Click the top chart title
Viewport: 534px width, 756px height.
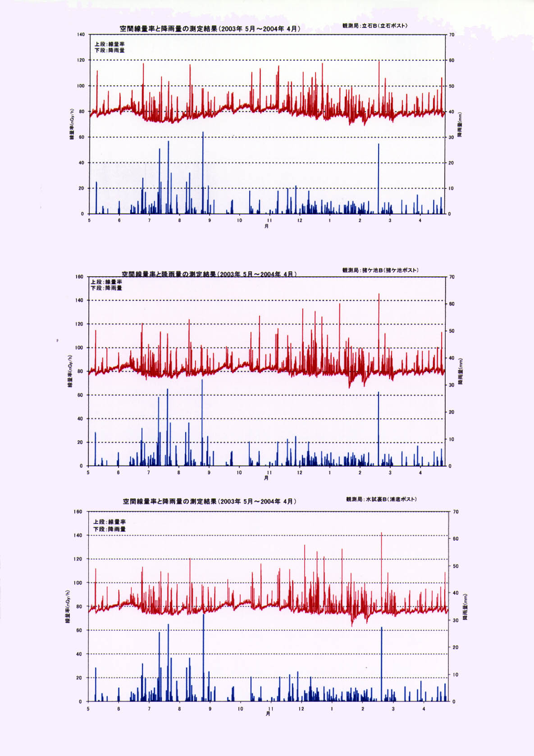210,29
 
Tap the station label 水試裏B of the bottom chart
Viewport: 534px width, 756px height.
381,499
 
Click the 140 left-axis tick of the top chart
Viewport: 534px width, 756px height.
81,35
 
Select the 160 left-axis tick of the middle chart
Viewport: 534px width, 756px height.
79,277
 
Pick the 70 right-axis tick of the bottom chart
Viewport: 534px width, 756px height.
456,512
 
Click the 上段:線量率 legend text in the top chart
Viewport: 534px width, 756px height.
110,44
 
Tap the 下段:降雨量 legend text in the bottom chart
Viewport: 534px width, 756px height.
110,529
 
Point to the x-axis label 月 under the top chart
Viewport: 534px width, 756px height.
267,226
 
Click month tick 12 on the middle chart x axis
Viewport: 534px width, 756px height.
300,473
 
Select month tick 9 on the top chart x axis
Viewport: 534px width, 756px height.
210,220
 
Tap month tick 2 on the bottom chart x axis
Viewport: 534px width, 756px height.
363,709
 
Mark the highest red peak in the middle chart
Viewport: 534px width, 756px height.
379,295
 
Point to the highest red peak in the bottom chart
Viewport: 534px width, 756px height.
382,533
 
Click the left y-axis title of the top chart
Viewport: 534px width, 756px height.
71,124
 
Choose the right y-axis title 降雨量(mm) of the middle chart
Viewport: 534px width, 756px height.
460,371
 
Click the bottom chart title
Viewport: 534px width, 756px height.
210,501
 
